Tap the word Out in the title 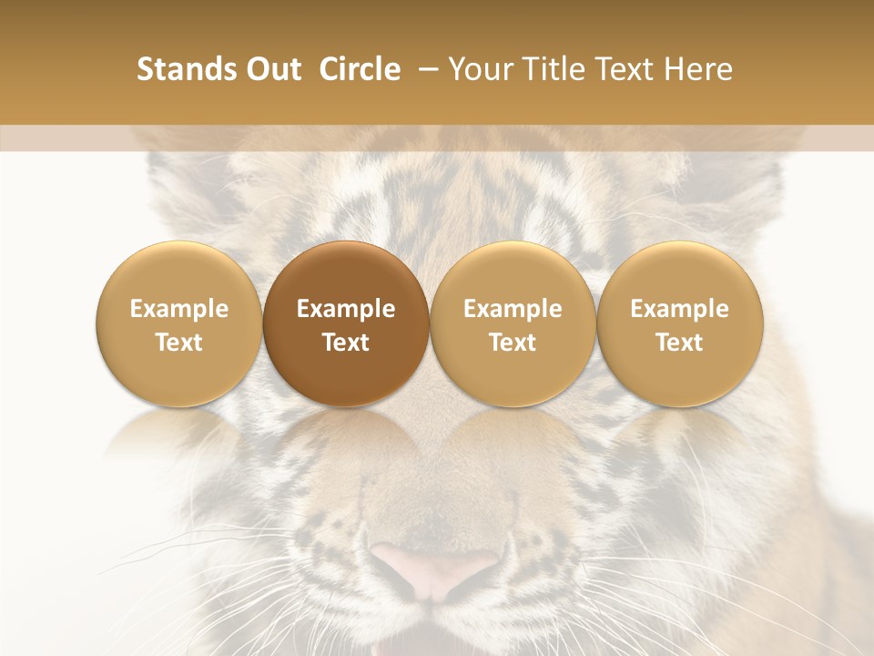(271, 69)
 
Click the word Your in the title (481, 69)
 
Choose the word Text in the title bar (626, 69)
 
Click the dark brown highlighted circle (346, 323)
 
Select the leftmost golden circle (178, 323)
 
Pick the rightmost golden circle (679, 323)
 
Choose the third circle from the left (513, 323)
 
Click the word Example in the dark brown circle (346, 309)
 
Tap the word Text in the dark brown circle (346, 343)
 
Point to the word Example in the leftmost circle (178, 309)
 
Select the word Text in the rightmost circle (679, 343)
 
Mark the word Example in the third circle (513, 309)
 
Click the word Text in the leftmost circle (178, 343)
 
